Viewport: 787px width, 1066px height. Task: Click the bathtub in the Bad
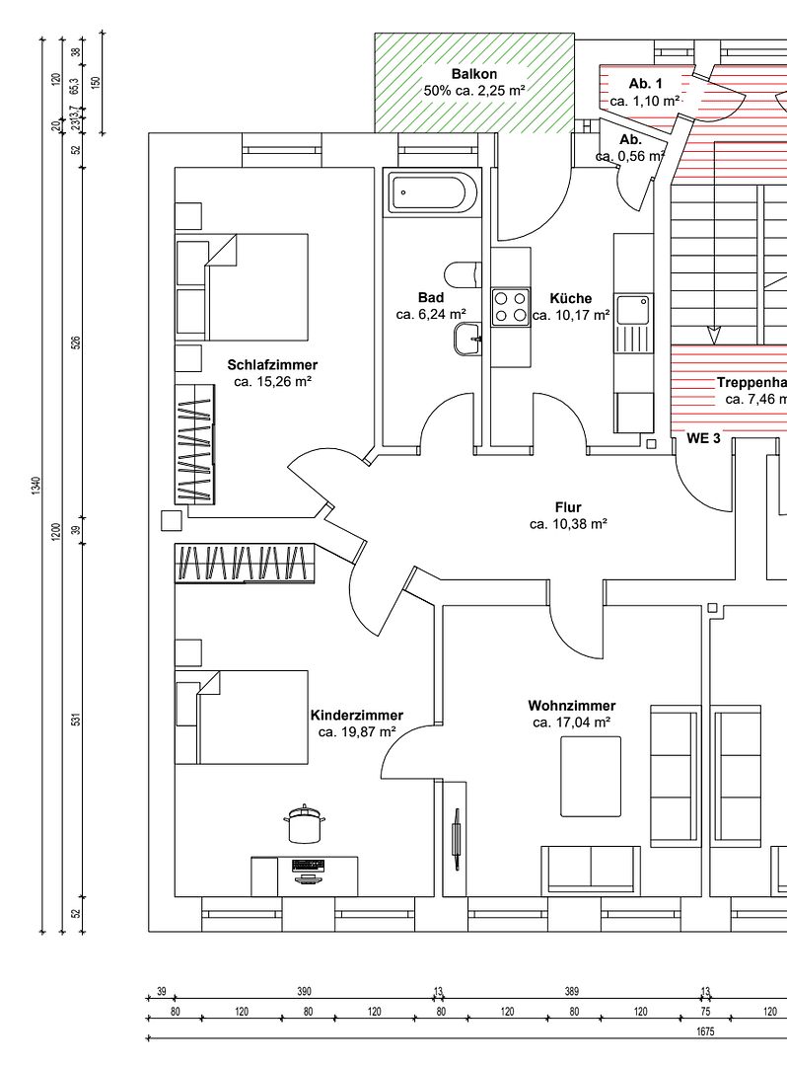pyautogui.click(x=433, y=192)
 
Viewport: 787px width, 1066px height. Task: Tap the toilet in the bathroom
pyautogui.click(x=461, y=272)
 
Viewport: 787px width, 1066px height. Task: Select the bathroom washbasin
pyautogui.click(x=467, y=340)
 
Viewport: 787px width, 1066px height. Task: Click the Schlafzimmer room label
pyautogui.click(x=272, y=365)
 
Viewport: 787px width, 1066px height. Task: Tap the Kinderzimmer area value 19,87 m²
pyautogui.click(x=357, y=732)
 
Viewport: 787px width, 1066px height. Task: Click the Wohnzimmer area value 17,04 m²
pyautogui.click(x=571, y=723)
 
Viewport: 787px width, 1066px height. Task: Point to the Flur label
pyautogui.click(x=568, y=507)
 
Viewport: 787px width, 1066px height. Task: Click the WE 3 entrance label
pyautogui.click(x=703, y=438)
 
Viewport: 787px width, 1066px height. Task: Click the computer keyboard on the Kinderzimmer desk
pyautogui.click(x=308, y=865)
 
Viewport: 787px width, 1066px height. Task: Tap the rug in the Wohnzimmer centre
pyautogui.click(x=591, y=777)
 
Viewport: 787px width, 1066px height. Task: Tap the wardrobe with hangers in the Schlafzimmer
pyautogui.click(x=194, y=443)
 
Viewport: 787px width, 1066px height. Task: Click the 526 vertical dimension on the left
pyautogui.click(x=76, y=343)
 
